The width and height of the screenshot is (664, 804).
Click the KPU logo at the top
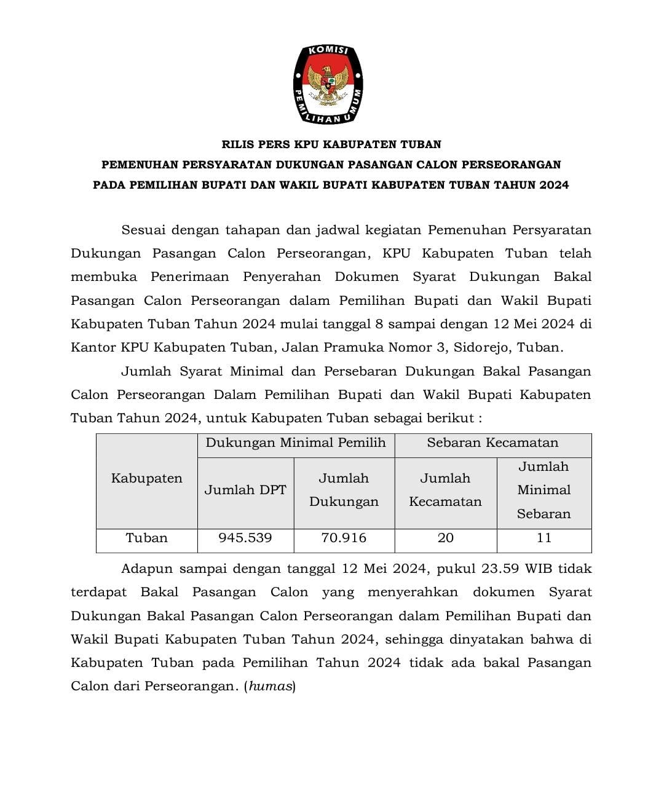coord(328,84)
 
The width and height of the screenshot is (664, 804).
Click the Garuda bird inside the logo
coord(328,84)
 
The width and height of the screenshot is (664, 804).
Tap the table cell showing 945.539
coord(245,538)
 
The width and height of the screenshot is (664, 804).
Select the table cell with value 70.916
coord(344,538)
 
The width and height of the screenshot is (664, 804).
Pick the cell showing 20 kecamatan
coord(445,538)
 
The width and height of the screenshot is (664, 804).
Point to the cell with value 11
coord(543,538)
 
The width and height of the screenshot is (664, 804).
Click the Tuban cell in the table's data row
coord(146,538)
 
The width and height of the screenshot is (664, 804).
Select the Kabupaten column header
coord(146,478)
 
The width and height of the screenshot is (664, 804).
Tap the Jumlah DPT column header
coord(245,490)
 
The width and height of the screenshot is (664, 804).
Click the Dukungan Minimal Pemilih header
coord(296,443)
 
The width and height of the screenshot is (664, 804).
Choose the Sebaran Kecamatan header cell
coord(492,443)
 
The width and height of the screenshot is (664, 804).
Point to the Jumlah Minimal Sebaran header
coord(543,490)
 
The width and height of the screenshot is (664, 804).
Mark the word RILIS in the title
coord(239,144)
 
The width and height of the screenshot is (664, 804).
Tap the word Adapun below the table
coord(146,569)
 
